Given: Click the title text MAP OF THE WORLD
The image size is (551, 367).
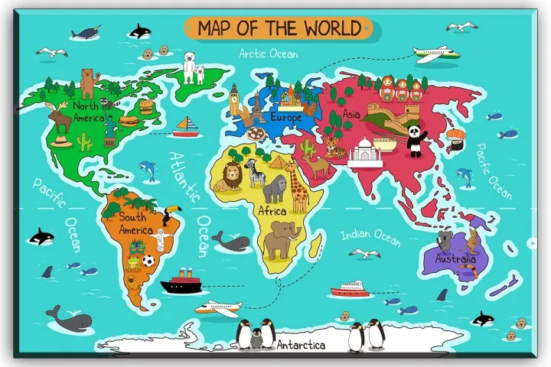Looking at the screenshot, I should (279, 28).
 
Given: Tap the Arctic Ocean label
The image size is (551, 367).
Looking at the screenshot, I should (269, 54).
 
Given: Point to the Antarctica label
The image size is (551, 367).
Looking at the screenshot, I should (301, 346).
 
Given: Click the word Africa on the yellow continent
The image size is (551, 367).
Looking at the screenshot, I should (272, 210).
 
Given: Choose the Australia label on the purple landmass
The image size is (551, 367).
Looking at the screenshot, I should (456, 259).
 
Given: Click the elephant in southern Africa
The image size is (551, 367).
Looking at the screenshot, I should (282, 238).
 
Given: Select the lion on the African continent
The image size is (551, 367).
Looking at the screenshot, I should (230, 180).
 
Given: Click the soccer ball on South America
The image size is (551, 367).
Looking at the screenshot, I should (148, 261).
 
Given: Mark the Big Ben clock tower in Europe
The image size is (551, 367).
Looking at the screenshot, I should (234, 99).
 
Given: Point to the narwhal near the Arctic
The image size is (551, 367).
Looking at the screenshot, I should (88, 34).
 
